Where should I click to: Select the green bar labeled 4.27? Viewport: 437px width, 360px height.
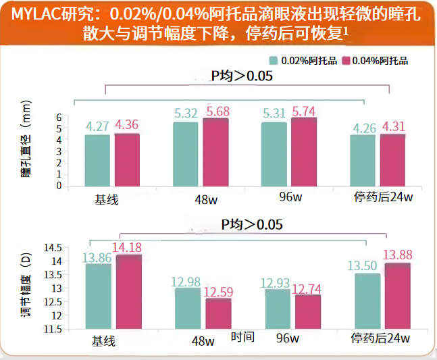click(97, 159)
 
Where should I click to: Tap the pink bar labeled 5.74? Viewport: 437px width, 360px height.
click(304, 151)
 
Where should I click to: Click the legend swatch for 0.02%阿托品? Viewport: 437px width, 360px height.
click(274, 61)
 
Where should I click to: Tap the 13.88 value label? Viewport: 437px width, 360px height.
click(398, 255)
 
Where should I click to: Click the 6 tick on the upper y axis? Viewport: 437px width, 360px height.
click(59, 118)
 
